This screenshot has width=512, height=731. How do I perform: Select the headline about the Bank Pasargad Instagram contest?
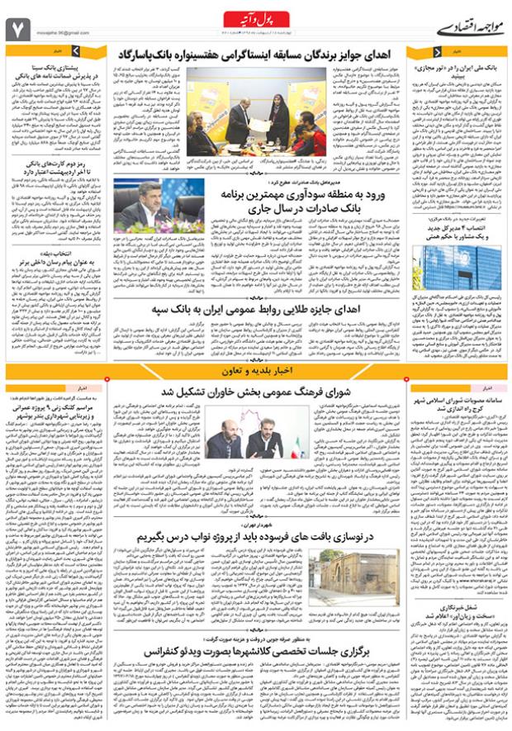coord(273,55)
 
